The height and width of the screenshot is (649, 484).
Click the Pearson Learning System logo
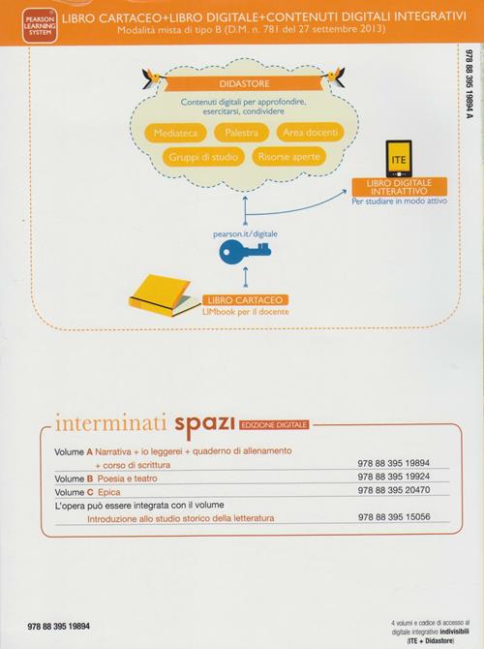tap(40, 25)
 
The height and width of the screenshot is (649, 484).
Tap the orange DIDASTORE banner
tap(244, 83)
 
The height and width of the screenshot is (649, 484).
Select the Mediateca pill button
tap(175, 134)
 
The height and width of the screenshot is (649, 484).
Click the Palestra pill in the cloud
tap(242, 133)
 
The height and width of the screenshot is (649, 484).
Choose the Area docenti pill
tap(311, 133)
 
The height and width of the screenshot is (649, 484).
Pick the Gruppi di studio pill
tap(203, 157)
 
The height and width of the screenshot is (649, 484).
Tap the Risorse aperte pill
tap(288, 157)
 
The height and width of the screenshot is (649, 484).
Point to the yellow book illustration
tap(161, 294)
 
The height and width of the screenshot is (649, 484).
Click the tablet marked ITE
tap(399, 159)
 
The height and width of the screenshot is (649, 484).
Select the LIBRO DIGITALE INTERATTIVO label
tap(399, 187)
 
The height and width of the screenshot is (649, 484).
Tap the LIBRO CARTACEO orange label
tap(245, 300)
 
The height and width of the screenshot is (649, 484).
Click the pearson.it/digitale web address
tap(245, 234)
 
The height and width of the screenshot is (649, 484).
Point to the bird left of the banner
tap(152, 77)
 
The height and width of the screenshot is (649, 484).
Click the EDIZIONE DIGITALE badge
tap(274, 425)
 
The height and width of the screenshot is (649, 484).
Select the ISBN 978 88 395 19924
tap(394, 477)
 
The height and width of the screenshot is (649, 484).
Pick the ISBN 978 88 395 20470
tap(394, 490)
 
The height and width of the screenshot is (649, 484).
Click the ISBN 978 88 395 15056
tap(394, 517)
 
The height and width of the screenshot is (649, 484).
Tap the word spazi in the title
tap(205, 425)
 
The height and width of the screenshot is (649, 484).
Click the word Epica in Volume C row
tap(109, 492)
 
